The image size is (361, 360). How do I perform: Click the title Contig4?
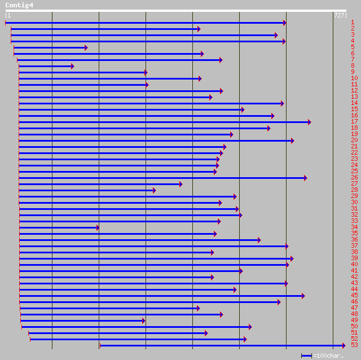19,5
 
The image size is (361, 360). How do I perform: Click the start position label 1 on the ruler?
9,16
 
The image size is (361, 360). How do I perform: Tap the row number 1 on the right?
353,23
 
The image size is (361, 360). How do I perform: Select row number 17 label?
354,122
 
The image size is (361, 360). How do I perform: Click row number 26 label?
354,178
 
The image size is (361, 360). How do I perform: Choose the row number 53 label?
354,345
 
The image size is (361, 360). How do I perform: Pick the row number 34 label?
354,227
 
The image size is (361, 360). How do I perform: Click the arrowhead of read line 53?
344,345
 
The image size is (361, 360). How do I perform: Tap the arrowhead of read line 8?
72,66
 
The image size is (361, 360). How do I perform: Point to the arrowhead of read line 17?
309,122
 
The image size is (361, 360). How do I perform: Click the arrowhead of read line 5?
86,47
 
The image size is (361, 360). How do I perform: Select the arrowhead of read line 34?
98,227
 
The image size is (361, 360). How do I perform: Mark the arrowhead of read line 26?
305,178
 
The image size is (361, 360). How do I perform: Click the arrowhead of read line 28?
154,190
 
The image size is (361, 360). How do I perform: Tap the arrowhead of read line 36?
259,240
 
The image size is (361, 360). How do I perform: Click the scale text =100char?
328,355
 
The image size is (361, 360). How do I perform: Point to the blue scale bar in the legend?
306,355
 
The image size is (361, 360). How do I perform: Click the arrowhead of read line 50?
250,327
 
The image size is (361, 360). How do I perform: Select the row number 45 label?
354,296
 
